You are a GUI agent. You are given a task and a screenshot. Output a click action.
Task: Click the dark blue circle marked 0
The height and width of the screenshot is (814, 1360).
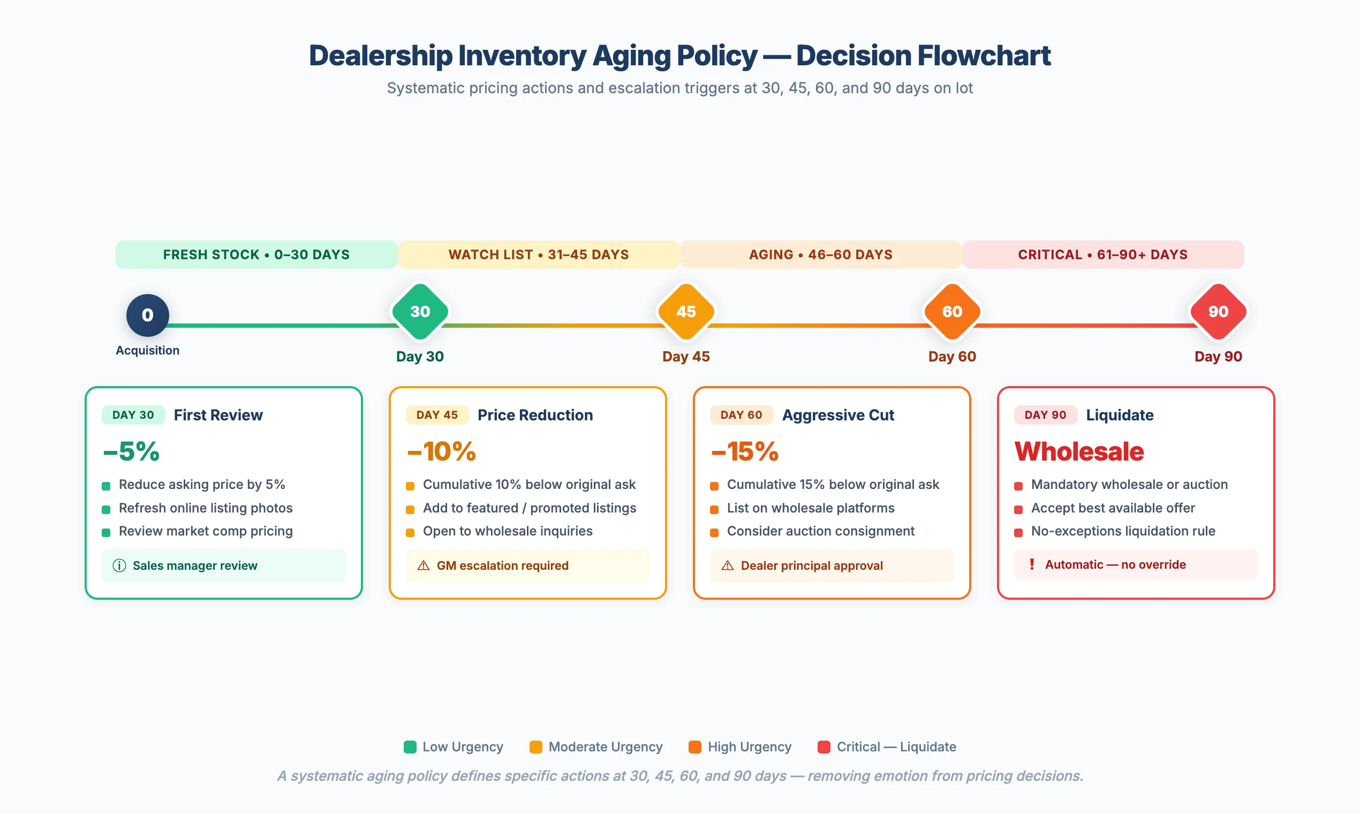(148, 315)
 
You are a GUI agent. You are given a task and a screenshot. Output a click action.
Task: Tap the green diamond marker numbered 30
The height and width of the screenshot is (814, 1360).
(420, 312)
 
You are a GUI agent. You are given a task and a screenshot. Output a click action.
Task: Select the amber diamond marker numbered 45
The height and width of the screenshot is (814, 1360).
(686, 312)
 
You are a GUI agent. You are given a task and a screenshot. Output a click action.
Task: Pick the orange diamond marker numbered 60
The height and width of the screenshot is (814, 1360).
(952, 312)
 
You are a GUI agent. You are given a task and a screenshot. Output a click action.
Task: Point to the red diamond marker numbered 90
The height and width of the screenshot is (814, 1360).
(1218, 312)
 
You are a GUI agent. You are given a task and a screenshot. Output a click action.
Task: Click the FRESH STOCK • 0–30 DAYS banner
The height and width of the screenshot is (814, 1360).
(256, 254)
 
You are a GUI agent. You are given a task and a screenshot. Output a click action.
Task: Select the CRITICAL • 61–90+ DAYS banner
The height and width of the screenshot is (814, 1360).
(1103, 254)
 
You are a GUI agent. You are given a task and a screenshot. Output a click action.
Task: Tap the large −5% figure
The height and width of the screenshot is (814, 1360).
(132, 451)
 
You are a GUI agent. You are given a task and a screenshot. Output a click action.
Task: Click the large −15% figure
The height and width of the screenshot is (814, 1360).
(745, 451)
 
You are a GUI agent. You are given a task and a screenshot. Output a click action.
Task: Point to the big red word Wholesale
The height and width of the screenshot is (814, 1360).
(1079, 451)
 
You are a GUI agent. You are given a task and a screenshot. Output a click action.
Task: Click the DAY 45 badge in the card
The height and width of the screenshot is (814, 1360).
(436, 414)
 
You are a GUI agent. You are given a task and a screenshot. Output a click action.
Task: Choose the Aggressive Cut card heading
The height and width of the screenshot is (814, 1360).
(838, 414)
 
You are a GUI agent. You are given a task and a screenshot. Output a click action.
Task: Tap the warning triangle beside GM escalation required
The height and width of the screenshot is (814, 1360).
(424, 566)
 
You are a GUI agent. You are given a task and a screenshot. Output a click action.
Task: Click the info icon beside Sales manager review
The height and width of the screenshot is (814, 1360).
(119, 566)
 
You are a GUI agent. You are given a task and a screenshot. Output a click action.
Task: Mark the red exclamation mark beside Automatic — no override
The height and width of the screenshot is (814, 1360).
(1032, 564)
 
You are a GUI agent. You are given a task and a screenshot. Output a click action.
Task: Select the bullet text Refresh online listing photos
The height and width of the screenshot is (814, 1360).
(206, 508)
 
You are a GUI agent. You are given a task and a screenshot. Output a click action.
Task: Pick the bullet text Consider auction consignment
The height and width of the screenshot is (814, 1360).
(820, 531)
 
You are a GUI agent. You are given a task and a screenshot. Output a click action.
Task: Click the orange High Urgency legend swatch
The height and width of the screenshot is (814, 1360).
(695, 747)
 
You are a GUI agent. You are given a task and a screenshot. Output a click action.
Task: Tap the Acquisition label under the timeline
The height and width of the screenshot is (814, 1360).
(148, 350)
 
